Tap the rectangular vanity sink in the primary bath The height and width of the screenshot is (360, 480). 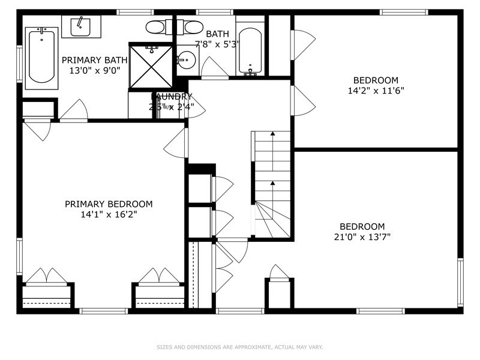pyautogui.click(x=80, y=26)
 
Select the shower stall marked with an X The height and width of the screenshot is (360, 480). pyautogui.click(x=151, y=66)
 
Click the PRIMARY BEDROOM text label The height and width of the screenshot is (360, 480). pyautogui.click(x=109, y=204)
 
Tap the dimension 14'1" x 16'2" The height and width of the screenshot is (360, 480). pyautogui.click(x=109, y=214)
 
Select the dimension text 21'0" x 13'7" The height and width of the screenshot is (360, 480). pyautogui.click(x=362, y=236)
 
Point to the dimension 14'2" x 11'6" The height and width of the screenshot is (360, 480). pyautogui.click(x=375, y=91)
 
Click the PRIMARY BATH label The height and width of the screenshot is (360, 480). pyautogui.click(x=95, y=59)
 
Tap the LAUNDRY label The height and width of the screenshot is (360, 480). pyautogui.click(x=172, y=97)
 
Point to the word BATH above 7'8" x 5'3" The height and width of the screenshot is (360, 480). pyautogui.click(x=214, y=34)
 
